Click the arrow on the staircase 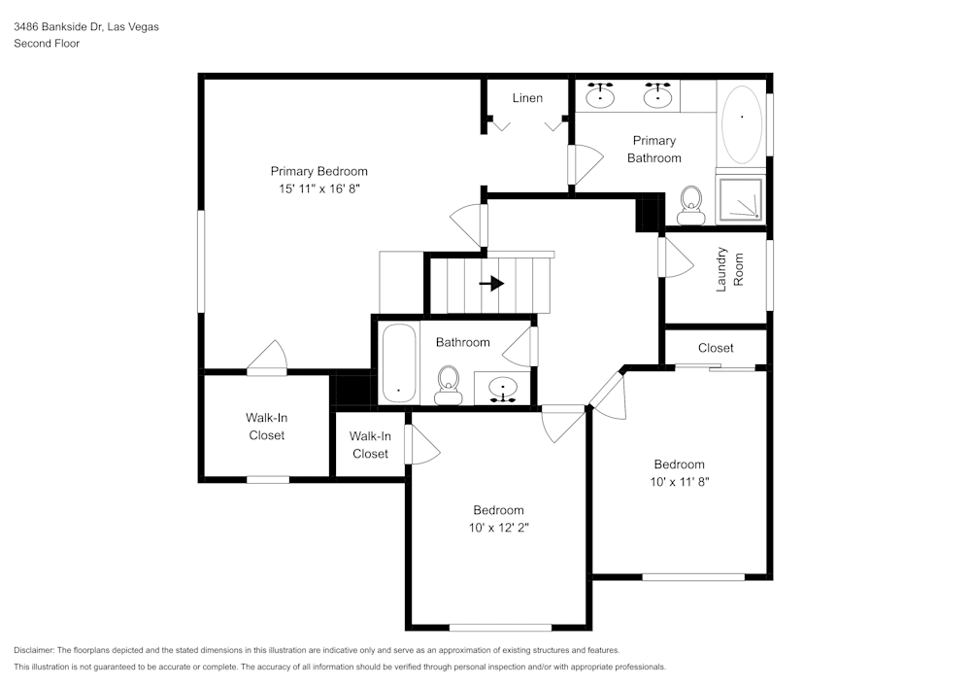pos(493,284)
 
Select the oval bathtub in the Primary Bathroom pos(743,124)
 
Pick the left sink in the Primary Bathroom pos(601,95)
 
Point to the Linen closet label pos(527,98)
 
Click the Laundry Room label pos(729,271)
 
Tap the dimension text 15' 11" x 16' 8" pos(318,189)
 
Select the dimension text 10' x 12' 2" pos(498,528)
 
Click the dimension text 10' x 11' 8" pos(679,481)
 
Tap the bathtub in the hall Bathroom pos(398,362)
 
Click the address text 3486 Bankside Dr pos(85,27)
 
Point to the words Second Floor pos(46,44)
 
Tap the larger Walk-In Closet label pos(266,427)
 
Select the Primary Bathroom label pos(653,149)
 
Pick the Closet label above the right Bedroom pos(716,348)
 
